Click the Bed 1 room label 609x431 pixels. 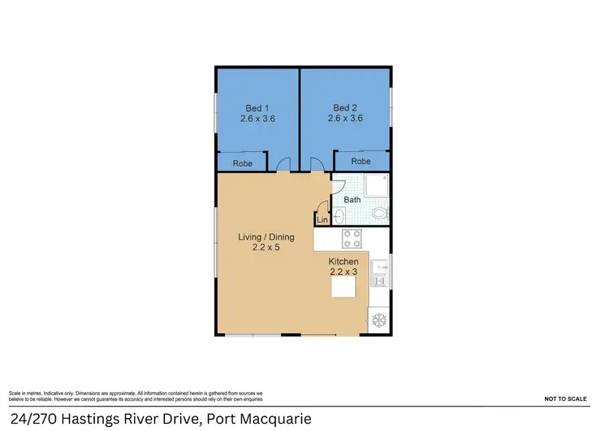pos(257,107)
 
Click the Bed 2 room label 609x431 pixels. pos(345,107)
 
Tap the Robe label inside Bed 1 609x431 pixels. pos(242,163)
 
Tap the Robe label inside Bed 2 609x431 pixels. pos(361,162)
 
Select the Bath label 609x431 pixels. pos(352,199)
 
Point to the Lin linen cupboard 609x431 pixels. pos(322,220)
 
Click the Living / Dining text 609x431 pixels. pos(266,237)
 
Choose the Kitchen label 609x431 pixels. pos(343,261)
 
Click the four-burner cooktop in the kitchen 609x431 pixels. pos(352,238)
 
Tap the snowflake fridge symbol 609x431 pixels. pos(378,320)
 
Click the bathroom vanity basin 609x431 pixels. pos(339,216)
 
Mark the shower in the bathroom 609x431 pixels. pos(377,186)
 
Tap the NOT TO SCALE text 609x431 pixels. pos(565,399)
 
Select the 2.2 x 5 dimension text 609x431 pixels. pos(266,247)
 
